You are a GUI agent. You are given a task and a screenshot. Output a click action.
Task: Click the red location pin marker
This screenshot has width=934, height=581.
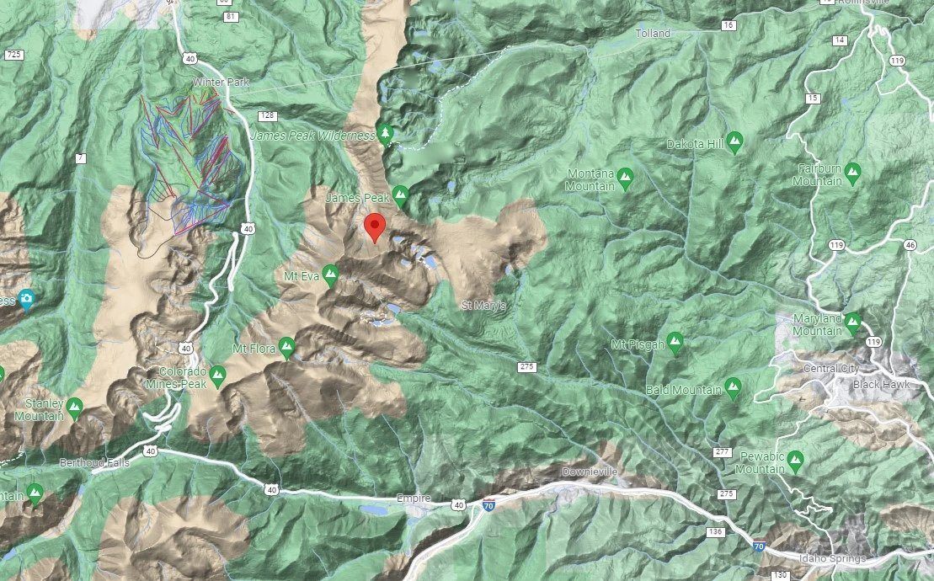click(x=375, y=227)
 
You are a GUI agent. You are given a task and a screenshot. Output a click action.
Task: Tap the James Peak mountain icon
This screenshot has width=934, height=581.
click(x=400, y=196)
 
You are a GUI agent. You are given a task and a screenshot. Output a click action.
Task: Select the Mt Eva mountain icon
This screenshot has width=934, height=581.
click(x=330, y=274)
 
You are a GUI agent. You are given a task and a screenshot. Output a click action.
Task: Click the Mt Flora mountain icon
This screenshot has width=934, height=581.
click(x=286, y=346)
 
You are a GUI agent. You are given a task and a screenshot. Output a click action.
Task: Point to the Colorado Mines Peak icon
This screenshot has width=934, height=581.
click(x=219, y=375)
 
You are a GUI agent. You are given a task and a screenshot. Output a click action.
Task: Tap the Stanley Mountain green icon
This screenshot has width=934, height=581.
click(x=74, y=408)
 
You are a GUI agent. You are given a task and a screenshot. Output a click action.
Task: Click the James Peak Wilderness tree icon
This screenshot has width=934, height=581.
click(x=387, y=134)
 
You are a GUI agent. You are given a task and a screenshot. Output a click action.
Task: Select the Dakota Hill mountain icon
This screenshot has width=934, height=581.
click(x=734, y=141)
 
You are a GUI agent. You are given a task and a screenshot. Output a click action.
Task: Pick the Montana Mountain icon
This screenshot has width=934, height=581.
click(x=624, y=178)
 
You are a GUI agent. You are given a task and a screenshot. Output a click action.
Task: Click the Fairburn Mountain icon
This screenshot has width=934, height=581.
click(x=852, y=173)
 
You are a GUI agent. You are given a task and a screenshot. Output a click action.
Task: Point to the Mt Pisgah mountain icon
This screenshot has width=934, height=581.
click(x=675, y=344)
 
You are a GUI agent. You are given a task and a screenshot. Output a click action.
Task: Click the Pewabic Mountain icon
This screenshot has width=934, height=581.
click(x=795, y=461)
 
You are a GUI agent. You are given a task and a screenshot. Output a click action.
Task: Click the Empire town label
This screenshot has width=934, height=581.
click(x=414, y=498)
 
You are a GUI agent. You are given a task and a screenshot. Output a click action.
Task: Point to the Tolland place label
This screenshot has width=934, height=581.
click(x=654, y=34)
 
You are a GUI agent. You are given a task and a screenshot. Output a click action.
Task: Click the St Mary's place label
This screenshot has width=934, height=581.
click(x=483, y=305)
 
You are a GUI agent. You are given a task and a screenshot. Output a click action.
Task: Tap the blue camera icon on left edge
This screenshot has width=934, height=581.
click(x=27, y=299)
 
